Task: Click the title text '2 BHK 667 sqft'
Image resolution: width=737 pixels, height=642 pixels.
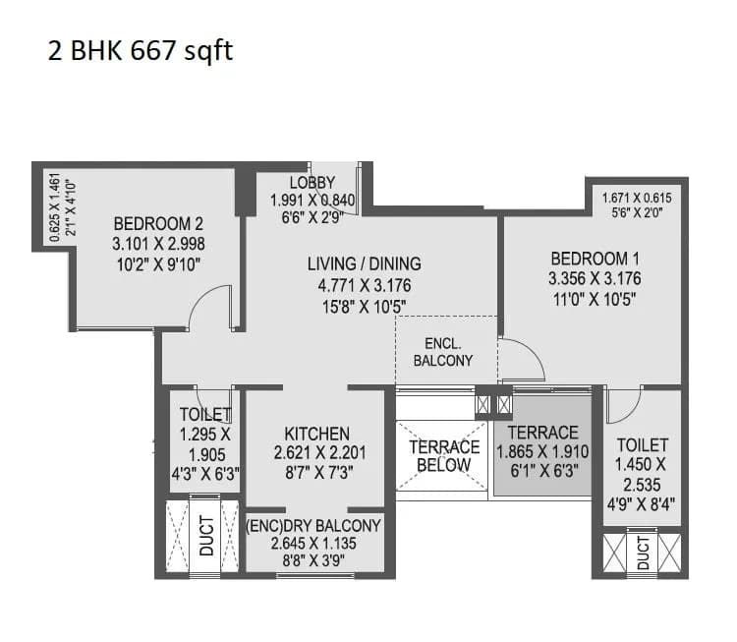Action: pyautogui.click(x=141, y=51)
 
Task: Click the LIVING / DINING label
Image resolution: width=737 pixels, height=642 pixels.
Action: pyautogui.click(x=364, y=263)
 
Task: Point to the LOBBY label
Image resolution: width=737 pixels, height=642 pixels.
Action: pyautogui.click(x=312, y=183)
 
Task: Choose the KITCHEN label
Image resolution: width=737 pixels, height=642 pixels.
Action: pyautogui.click(x=316, y=434)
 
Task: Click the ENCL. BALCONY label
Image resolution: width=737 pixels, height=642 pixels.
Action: pyautogui.click(x=442, y=352)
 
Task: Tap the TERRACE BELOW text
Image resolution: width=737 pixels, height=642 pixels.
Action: pyautogui.click(x=444, y=455)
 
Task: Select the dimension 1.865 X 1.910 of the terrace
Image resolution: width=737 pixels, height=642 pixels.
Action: pyautogui.click(x=542, y=452)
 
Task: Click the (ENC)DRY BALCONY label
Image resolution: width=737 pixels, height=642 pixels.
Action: pyautogui.click(x=312, y=526)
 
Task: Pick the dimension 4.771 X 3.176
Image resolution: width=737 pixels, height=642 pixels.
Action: pyautogui.click(x=364, y=285)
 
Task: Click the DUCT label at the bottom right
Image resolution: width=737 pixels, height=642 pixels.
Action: pyautogui.click(x=643, y=553)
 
